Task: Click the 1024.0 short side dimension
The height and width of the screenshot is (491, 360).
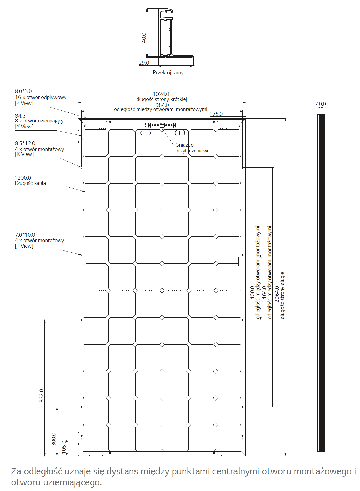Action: click(161, 94)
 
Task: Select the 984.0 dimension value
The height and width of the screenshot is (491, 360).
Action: click(162, 105)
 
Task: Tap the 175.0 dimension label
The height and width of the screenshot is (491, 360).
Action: click(216, 114)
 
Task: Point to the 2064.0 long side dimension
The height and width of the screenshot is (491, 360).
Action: click(277, 294)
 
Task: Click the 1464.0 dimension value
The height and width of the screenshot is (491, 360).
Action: click(264, 294)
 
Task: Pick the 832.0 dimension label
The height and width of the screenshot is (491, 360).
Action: click(41, 396)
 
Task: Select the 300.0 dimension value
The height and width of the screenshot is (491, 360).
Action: click(54, 439)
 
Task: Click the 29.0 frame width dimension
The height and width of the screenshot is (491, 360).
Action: click(144, 63)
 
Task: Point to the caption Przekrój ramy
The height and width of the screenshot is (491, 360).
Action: click(168, 72)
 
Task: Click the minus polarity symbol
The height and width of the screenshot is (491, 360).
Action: click(146, 133)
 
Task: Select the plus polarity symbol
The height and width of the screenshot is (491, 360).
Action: click(180, 133)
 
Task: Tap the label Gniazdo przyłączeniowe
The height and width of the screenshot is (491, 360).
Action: click(192, 148)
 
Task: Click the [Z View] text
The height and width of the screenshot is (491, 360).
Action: click(24, 103)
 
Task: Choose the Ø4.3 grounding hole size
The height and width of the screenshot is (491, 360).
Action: click(20, 116)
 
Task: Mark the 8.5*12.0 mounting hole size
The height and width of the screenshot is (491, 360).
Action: click(25, 143)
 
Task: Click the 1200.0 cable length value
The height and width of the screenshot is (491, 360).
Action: click(23, 178)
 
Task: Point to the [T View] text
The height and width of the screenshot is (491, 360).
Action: click(24, 246)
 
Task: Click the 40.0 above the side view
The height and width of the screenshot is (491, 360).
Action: click(321, 104)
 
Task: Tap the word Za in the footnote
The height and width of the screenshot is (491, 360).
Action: click(16, 471)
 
